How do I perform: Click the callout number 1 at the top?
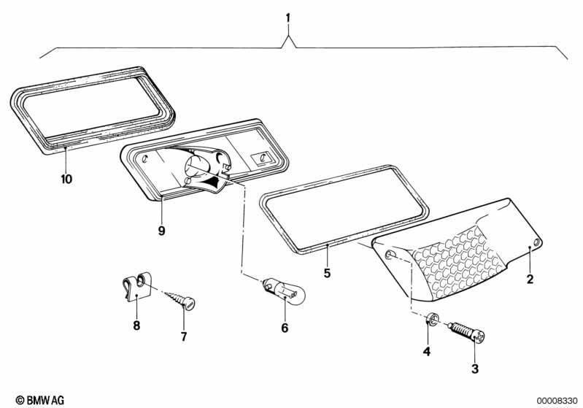(x=288, y=17)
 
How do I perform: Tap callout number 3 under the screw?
(x=475, y=369)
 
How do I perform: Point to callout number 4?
(x=427, y=352)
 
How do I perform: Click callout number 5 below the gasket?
(x=328, y=274)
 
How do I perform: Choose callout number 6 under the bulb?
(x=285, y=328)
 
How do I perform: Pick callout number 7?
(x=184, y=336)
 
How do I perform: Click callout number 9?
(x=161, y=231)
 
